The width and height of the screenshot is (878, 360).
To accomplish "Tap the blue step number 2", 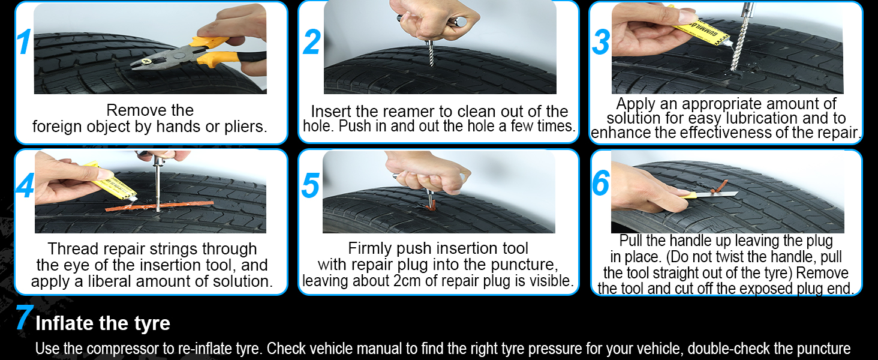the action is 312,42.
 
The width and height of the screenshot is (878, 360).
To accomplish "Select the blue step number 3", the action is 601,42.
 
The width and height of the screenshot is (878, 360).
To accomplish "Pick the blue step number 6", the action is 600,183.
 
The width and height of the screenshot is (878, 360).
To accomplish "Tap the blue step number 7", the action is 24,317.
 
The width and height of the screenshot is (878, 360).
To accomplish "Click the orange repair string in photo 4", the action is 160,206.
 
